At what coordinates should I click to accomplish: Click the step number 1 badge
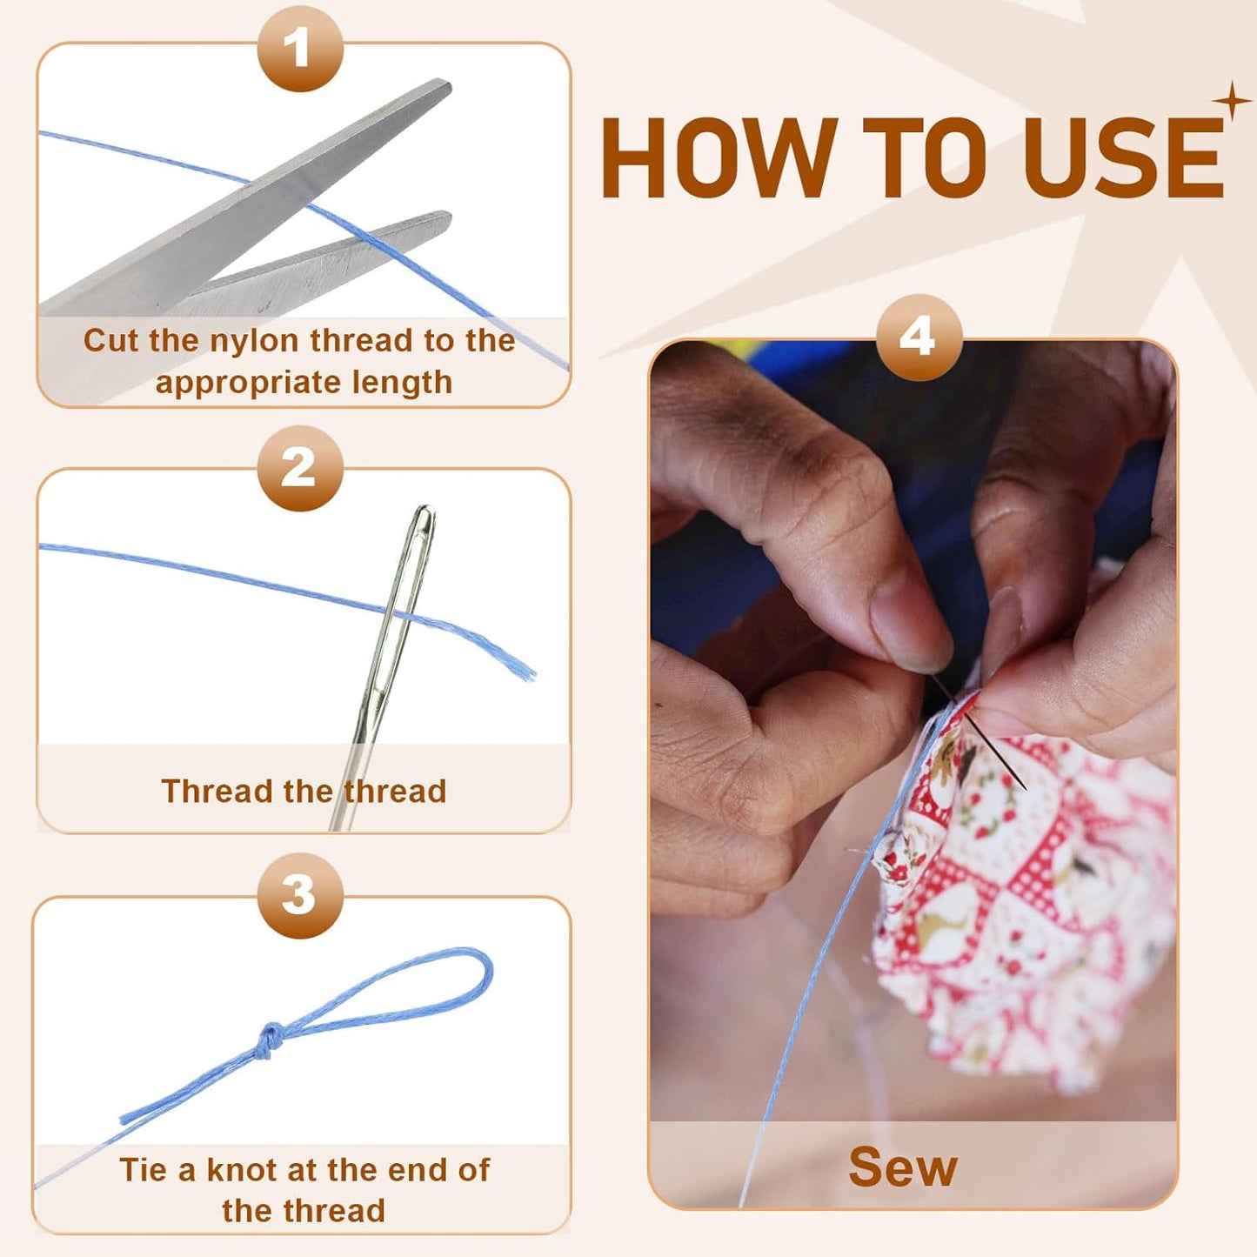click(x=300, y=48)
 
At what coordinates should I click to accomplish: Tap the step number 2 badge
click(x=300, y=468)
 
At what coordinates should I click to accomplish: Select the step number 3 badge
click(x=300, y=895)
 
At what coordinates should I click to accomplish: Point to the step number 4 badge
click(x=919, y=338)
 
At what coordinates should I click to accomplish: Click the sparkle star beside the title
click(x=1232, y=101)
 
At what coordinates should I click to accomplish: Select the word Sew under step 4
click(x=903, y=1167)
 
